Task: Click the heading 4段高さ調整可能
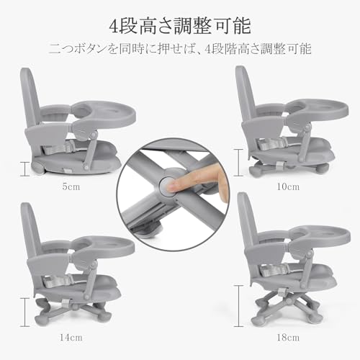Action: (179, 27)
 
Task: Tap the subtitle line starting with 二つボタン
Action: (179, 50)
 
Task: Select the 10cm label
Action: (288, 186)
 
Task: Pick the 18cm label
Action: (288, 335)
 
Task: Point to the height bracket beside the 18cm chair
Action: (238, 306)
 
